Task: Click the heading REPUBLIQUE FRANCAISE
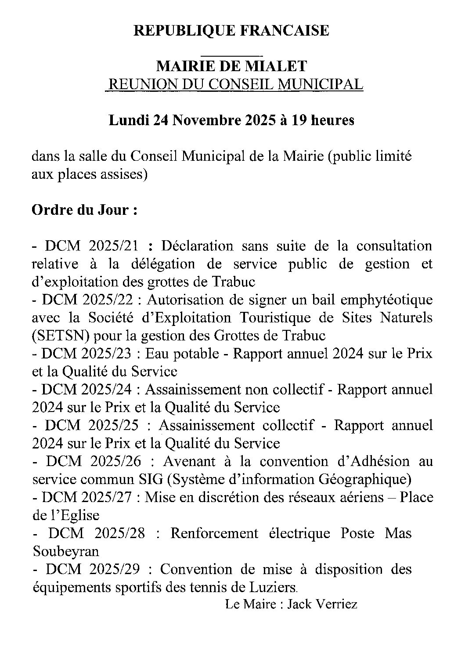tap(231, 31)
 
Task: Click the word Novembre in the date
tap(202, 120)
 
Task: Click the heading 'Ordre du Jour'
tap(84, 210)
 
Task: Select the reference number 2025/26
tap(116, 462)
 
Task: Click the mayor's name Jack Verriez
tap(322, 604)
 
